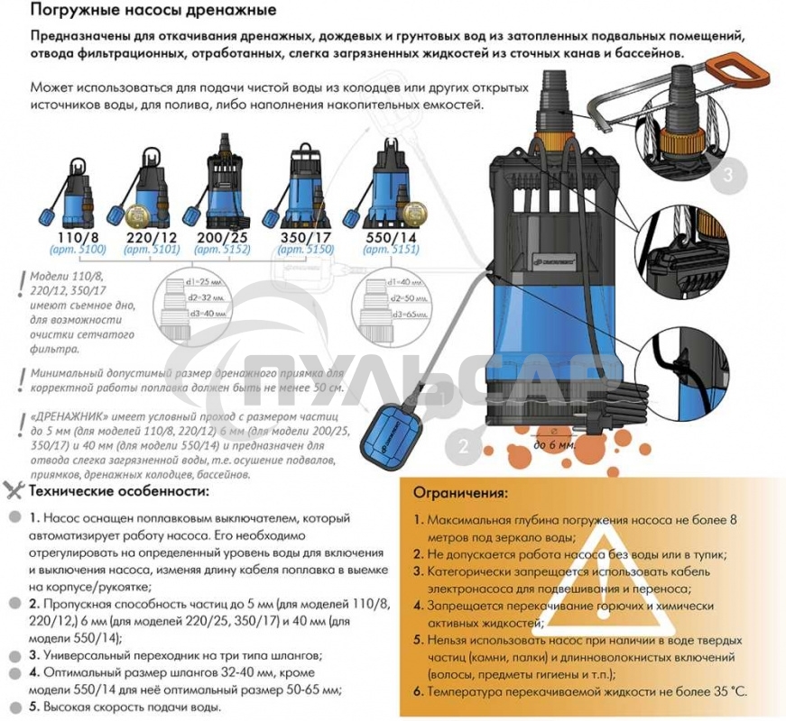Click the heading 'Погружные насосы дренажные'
click(x=153, y=12)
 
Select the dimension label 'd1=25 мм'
click(x=211, y=282)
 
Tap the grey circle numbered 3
click(x=727, y=174)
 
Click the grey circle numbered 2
click(x=463, y=444)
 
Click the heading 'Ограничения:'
click(x=461, y=494)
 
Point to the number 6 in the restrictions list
click(x=419, y=692)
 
